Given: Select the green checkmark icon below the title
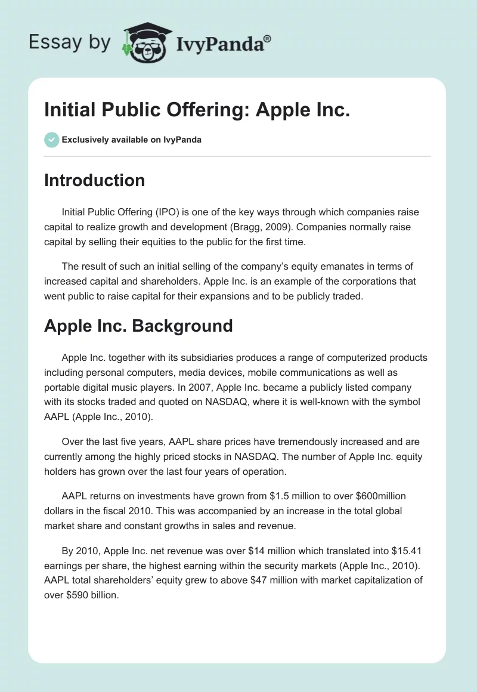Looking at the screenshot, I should [51, 140].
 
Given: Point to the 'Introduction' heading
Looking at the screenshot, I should [94, 180].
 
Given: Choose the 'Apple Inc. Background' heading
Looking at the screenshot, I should [138, 326].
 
